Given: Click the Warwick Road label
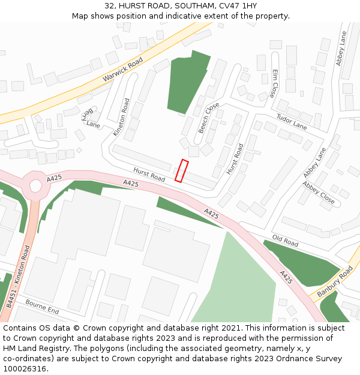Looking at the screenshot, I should click(122, 70).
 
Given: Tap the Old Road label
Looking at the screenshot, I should click(285, 242).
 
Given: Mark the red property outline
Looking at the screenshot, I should click(181, 170).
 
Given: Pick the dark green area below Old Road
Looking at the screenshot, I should click(300, 264).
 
